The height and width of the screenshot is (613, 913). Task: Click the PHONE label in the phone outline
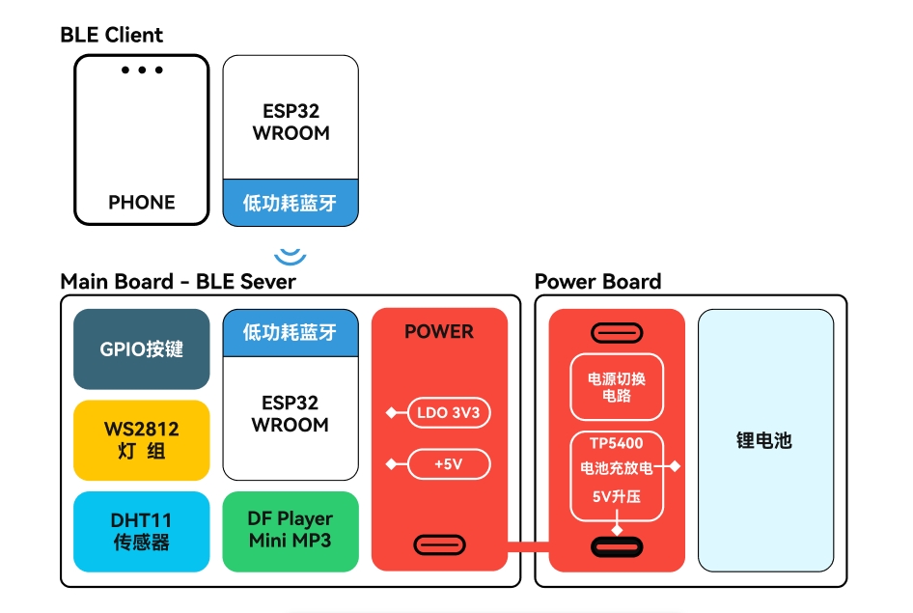tap(142, 202)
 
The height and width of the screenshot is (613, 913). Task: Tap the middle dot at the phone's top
tap(142, 70)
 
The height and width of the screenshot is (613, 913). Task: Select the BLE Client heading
tap(111, 35)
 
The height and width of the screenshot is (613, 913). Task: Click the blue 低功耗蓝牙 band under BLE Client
tap(290, 203)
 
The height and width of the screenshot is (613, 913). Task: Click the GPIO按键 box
tap(142, 349)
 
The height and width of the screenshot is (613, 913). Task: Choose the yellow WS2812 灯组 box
tap(142, 440)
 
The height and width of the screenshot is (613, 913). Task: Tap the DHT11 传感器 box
tap(142, 532)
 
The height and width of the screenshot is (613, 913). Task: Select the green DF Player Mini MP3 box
tap(290, 532)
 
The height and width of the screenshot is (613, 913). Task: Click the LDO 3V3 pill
tap(449, 413)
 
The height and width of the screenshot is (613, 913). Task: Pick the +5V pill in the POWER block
tap(449, 464)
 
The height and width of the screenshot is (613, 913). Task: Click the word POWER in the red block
tap(439, 332)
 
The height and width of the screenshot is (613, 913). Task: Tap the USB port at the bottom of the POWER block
tap(440, 545)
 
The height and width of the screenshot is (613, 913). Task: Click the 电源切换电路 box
tap(617, 387)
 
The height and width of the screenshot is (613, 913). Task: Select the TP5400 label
tap(617, 444)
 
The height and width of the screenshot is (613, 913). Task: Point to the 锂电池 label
tap(764, 441)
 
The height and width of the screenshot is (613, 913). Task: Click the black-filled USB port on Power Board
tap(617, 547)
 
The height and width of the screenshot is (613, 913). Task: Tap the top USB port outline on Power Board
tap(617, 334)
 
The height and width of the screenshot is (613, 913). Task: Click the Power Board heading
tap(598, 282)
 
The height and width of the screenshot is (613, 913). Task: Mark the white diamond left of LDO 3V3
tap(391, 413)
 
